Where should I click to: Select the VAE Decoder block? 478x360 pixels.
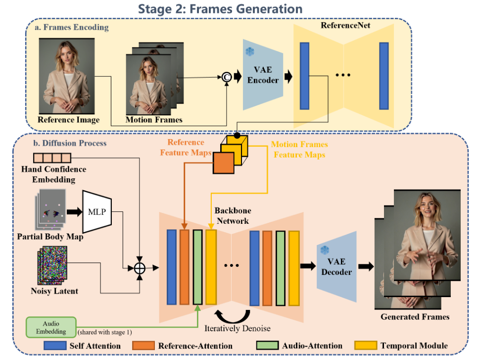pyautogui.click(x=336, y=267)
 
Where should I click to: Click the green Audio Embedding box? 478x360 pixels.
pyautogui.click(x=50, y=327)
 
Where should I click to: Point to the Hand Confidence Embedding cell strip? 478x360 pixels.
pyautogui.click(x=52, y=158)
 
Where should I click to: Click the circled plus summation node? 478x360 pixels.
pyautogui.click(x=140, y=268)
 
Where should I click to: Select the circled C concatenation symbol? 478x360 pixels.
pyautogui.click(x=227, y=76)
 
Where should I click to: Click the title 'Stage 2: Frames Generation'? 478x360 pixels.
pyautogui.click(x=220, y=8)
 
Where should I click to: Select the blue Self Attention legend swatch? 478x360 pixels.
pyautogui.click(x=54, y=346)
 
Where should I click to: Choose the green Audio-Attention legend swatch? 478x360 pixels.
pyautogui.click(x=266, y=346)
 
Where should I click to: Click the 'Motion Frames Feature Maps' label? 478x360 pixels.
pyautogui.click(x=300, y=149)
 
